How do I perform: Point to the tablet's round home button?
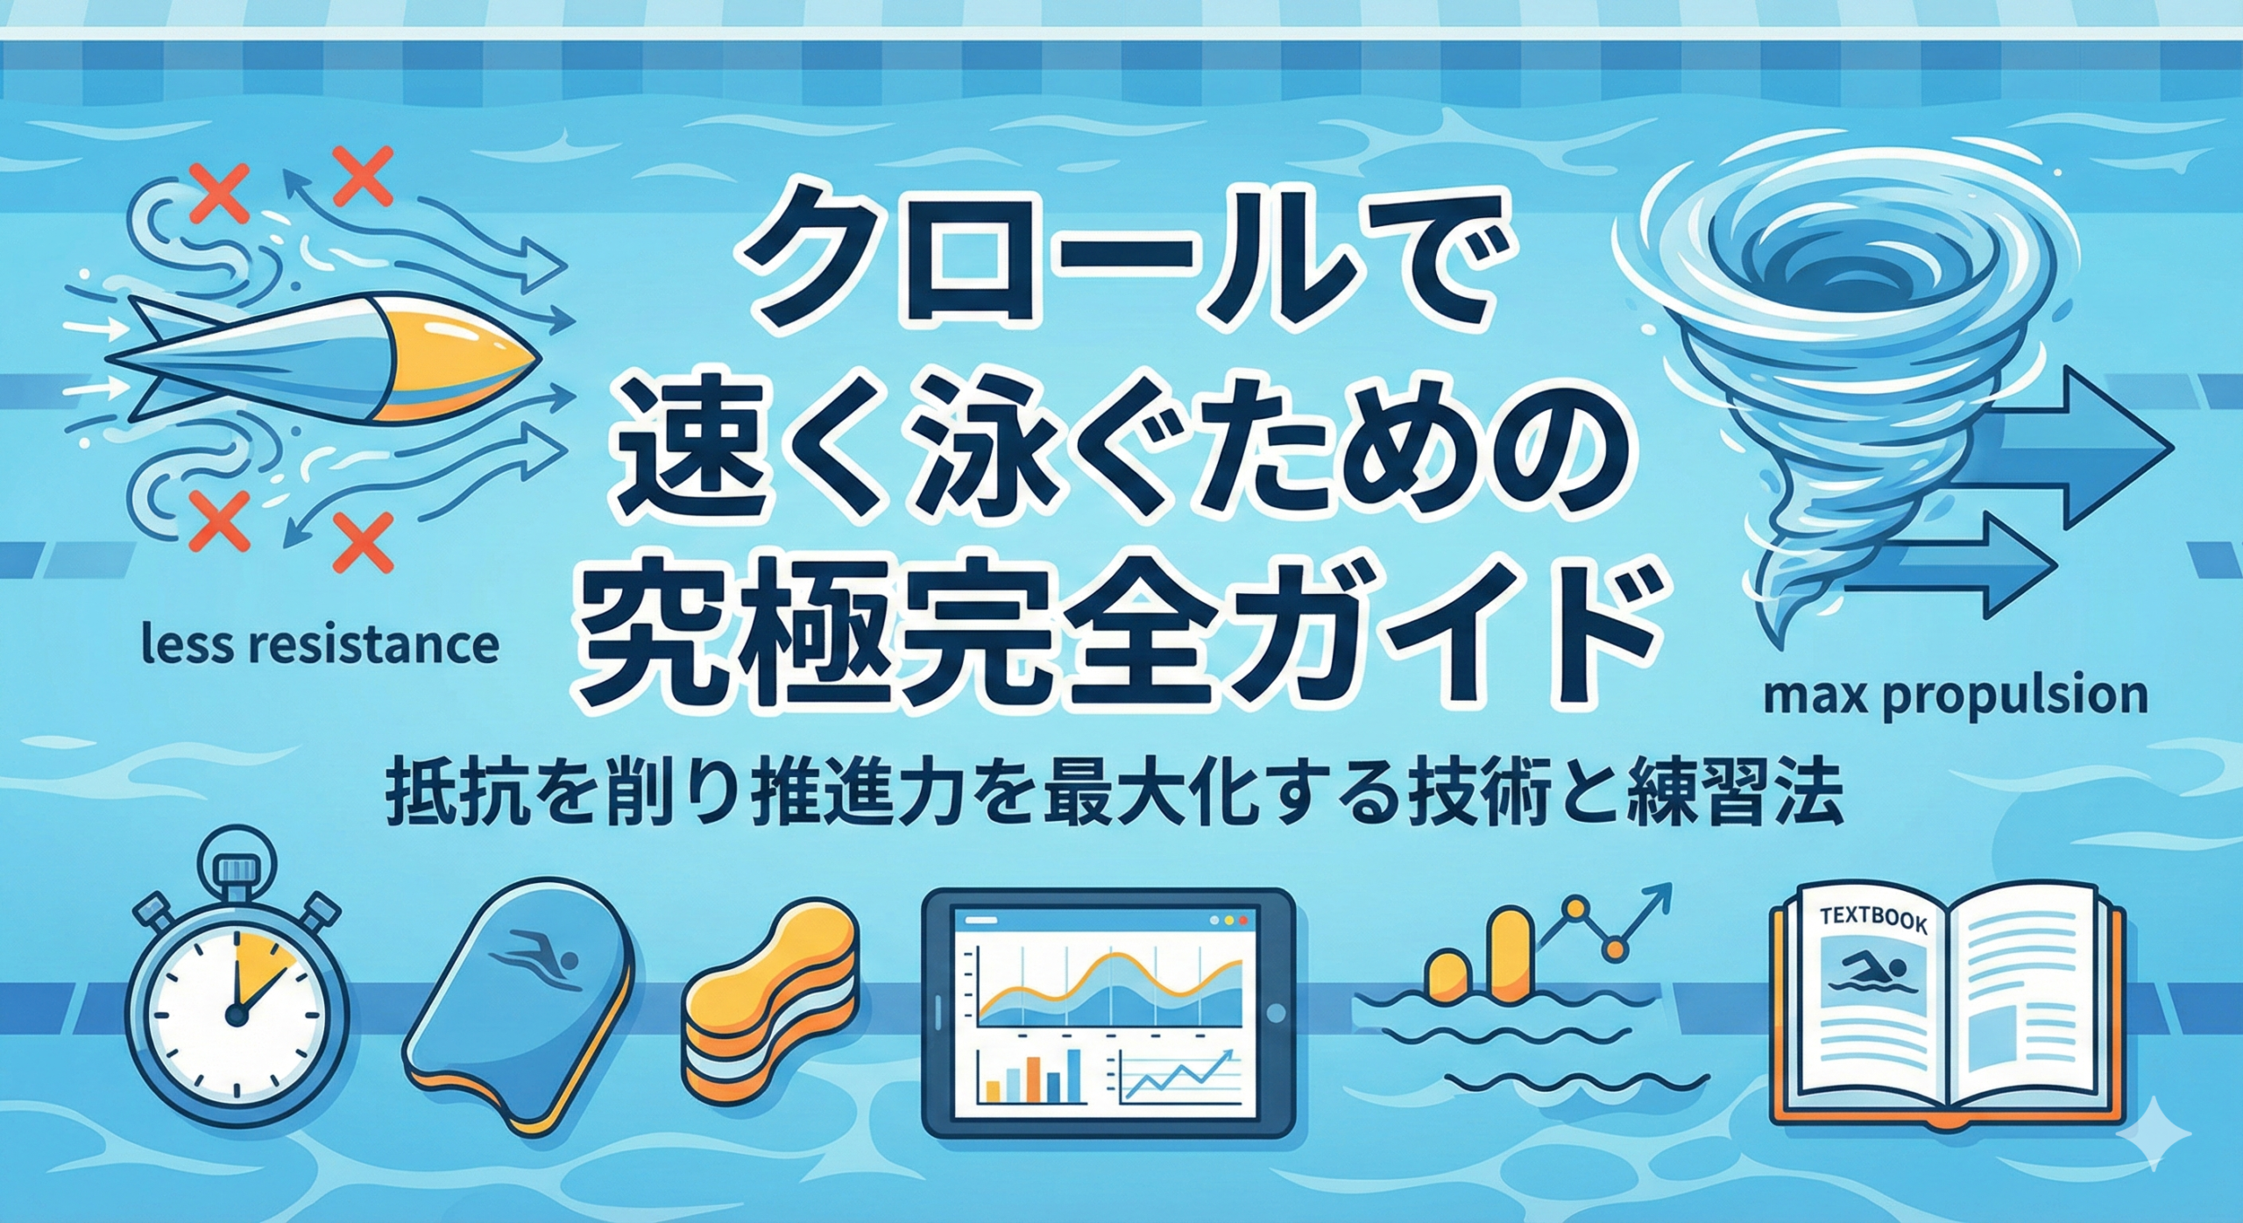click(x=1276, y=1037)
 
